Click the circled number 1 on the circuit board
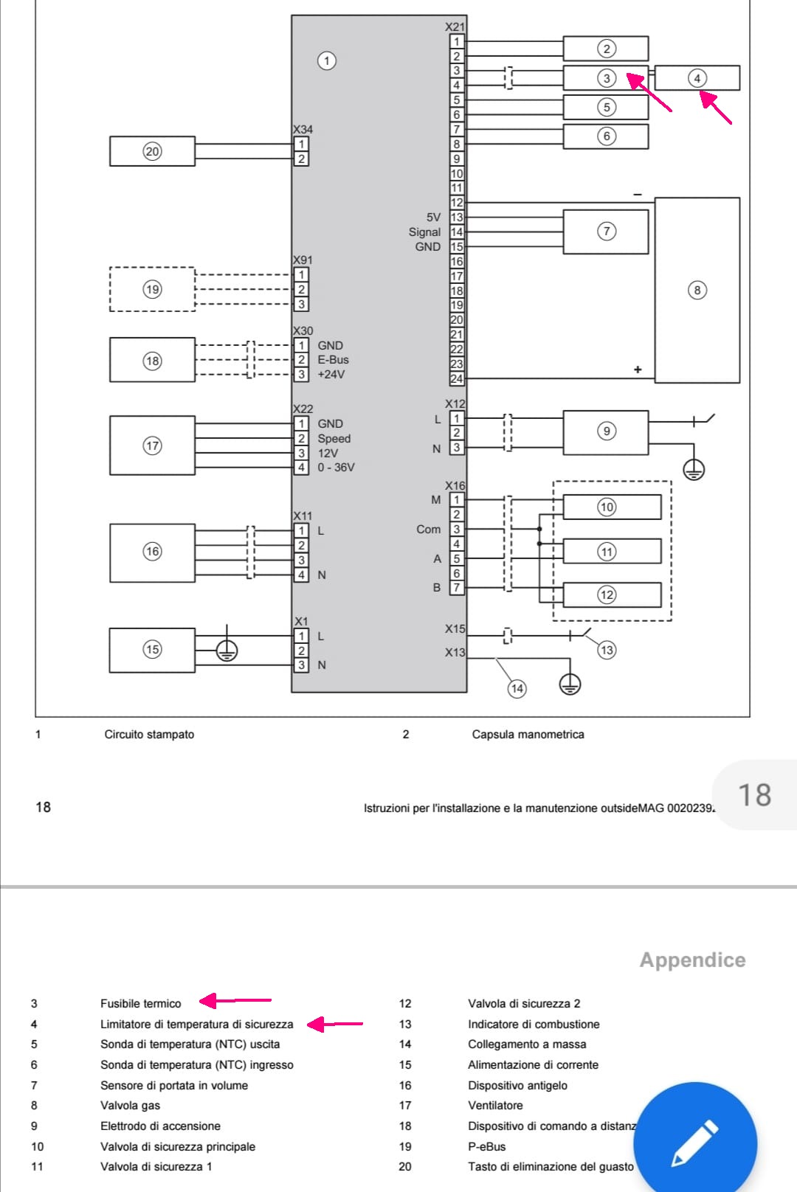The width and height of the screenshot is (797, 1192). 326,60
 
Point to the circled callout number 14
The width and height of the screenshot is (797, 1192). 517,689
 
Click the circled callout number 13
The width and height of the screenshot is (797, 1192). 607,650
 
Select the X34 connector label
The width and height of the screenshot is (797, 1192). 303,129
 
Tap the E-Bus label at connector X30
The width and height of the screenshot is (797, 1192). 334,360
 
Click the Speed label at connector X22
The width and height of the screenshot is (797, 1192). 334,438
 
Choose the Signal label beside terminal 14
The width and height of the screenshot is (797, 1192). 424,232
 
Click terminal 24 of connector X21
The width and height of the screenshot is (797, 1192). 456,379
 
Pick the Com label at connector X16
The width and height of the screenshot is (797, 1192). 428,530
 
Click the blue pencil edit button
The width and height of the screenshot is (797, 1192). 695,1143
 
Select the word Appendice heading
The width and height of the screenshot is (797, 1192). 693,960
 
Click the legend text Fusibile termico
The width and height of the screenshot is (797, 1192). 140,1004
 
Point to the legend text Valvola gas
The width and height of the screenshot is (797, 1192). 130,1105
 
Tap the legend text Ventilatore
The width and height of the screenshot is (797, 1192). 495,1105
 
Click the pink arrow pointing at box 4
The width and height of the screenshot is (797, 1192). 715,108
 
